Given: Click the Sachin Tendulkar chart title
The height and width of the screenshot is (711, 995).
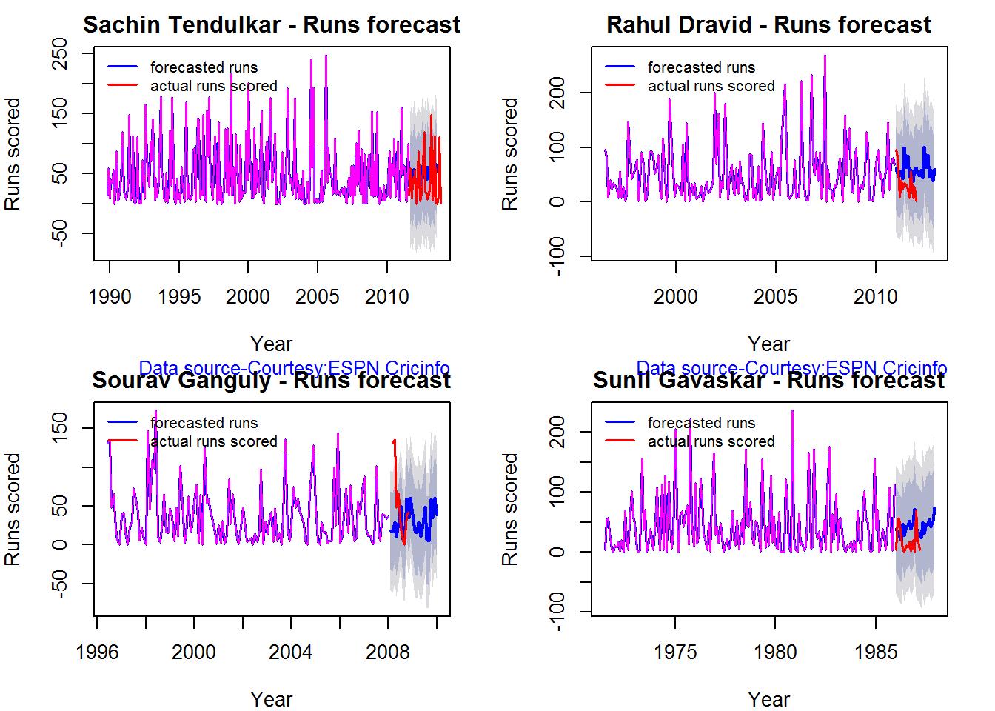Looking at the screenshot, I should coord(271,24).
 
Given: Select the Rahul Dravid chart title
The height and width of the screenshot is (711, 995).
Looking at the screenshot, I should coord(768,24).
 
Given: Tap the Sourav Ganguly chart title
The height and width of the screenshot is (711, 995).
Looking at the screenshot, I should coord(271,381).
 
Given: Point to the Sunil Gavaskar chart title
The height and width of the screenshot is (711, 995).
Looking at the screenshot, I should coord(768,381).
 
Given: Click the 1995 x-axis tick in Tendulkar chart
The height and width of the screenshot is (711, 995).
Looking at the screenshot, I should coord(179,297).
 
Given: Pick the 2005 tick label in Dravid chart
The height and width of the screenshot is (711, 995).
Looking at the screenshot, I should coord(775,297).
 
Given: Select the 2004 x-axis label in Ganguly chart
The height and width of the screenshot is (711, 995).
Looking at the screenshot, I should coord(290,652).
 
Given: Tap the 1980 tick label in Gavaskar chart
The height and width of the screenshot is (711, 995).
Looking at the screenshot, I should coord(775,652).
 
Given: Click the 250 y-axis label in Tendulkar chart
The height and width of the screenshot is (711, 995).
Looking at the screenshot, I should coord(59,54).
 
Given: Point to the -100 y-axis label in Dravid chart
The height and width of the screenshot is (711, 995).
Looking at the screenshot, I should coord(557,256).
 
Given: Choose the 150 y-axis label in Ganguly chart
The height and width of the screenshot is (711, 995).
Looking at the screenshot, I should coord(59,428).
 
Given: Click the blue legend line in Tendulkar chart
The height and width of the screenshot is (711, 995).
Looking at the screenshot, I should coord(123,67).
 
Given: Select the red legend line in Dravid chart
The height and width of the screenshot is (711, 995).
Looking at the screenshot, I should coord(620,85).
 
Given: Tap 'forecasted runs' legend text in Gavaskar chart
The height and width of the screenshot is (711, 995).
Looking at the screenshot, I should coord(701,423).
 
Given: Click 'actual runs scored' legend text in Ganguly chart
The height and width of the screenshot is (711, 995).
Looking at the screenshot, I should coord(214,441).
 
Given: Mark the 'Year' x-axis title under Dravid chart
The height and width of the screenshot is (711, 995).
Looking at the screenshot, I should coord(768,344).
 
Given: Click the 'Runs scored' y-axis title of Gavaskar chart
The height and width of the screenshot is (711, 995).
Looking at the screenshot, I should coord(509,510).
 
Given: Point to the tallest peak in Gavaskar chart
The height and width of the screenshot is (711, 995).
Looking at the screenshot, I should coord(792,411).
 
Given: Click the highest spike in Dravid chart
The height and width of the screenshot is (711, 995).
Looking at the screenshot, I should coord(825,56).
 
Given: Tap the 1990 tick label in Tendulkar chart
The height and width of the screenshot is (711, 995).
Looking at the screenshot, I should coord(110,297).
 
